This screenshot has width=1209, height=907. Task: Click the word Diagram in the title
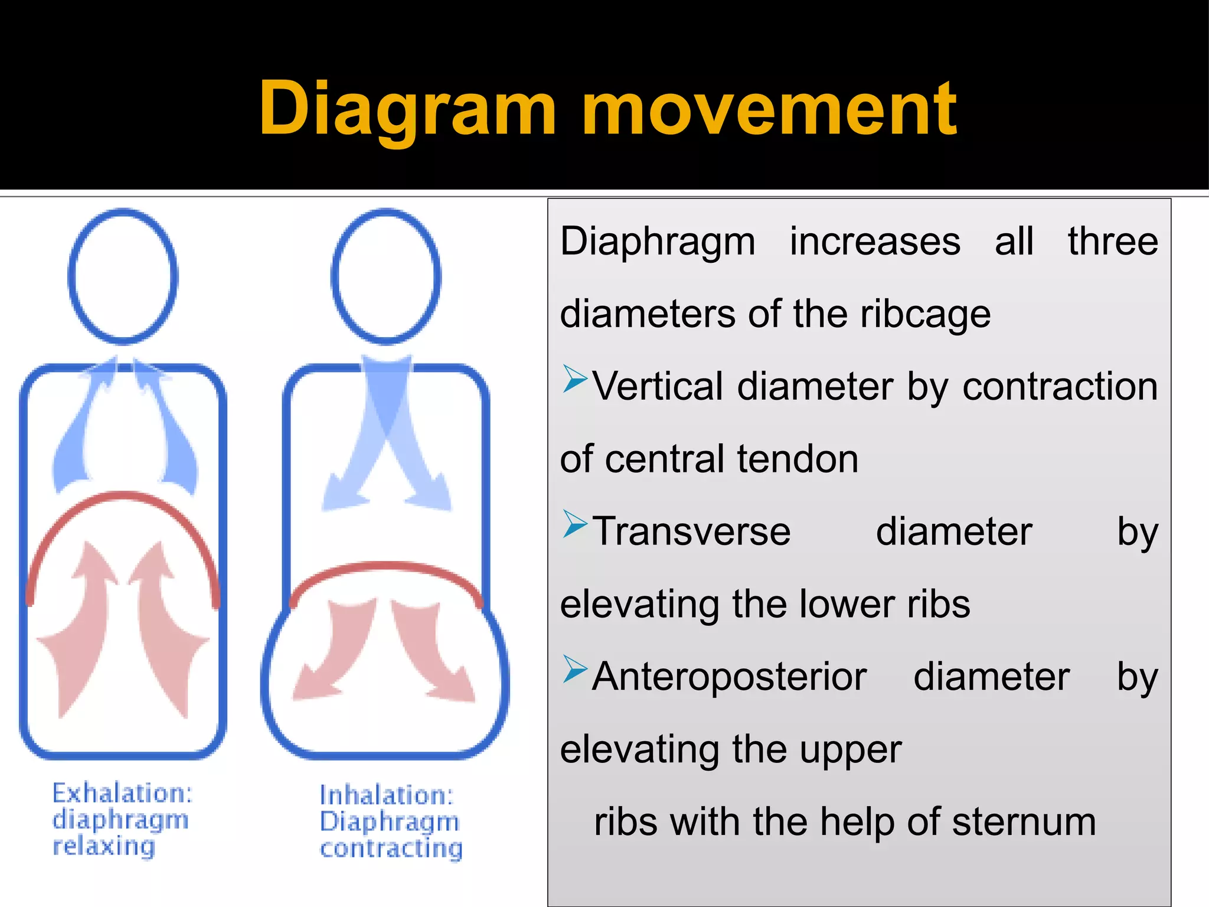[x=407, y=109]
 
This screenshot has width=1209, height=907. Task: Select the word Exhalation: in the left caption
[x=122, y=792]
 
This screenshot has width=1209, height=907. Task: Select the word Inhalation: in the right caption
[x=387, y=795]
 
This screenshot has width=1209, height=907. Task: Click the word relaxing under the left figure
[x=104, y=846]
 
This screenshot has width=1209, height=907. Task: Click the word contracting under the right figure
[x=391, y=849]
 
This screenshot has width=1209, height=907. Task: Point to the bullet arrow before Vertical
[x=574, y=379]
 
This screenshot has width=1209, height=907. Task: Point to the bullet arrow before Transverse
[x=574, y=524]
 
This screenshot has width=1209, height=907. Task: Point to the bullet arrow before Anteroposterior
[x=574, y=670]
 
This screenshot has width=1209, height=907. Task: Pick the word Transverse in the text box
[x=691, y=531]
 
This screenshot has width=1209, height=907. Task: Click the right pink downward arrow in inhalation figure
[x=434, y=655]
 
